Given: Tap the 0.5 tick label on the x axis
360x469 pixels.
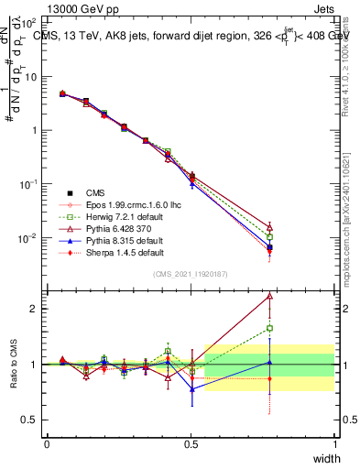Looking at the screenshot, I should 191,444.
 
